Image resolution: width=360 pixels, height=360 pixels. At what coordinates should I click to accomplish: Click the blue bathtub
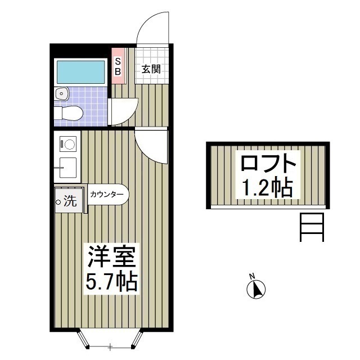(x=80, y=72)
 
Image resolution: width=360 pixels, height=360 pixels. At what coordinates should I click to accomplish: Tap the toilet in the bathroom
(x=69, y=113)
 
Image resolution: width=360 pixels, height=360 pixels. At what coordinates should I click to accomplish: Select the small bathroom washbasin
(x=61, y=94)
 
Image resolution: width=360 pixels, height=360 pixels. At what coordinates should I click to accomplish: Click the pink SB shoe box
(x=118, y=66)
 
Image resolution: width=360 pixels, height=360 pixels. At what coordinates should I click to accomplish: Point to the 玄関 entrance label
(x=151, y=69)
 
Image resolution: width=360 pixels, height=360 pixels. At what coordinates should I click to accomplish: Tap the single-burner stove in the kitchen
(x=68, y=144)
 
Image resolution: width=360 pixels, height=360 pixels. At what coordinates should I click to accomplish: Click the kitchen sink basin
(x=68, y=168)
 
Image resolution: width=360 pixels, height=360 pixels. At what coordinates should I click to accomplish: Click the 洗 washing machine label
(x=70, y=201)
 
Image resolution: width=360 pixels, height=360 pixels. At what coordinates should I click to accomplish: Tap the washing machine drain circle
(x=58, y=202)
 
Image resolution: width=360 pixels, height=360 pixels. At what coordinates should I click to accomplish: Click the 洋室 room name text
(x=112, y=256)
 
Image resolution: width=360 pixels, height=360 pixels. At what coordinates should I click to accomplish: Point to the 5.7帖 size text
(x=111, y=282)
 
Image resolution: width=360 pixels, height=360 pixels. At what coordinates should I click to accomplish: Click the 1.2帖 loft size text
(x=268, y=187)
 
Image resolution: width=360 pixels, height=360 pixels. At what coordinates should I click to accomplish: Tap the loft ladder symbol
(x=312, y=227)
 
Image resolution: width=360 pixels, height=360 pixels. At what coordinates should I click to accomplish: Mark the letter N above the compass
(x=253, y=276)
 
